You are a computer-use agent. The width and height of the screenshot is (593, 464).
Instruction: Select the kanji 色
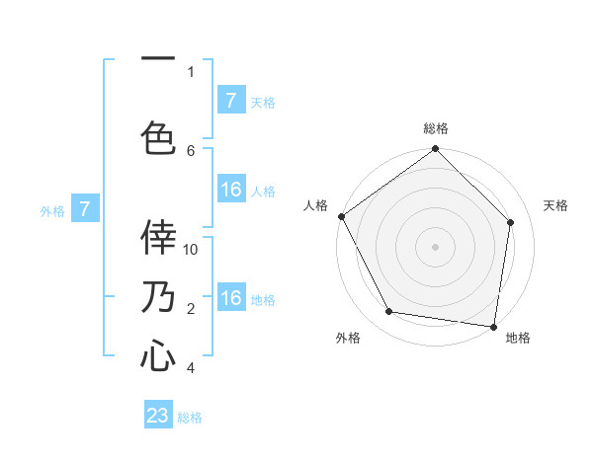click(158, 136)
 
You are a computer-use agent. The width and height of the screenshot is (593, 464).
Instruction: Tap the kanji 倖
click(158, 237)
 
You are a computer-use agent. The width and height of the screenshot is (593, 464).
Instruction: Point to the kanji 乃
click(158, 297)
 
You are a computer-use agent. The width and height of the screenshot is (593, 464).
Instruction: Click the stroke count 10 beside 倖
click(191, 249)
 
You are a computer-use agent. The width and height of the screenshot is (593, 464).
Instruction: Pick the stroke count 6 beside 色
click(191, 150)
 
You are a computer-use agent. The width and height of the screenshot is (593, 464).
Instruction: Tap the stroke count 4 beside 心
click(191, 368)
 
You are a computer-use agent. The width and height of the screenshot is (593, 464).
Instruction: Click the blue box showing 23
click(158, 416)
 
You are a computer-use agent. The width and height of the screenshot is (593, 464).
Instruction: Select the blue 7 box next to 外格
click(85, 208)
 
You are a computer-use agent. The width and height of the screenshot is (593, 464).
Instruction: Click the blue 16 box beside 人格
click(231, 191)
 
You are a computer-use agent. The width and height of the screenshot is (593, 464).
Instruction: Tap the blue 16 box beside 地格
click(231, 298)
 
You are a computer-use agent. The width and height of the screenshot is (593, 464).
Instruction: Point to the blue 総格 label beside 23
click(190, 417)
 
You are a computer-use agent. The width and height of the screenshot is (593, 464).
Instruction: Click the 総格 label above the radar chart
click(435, 128)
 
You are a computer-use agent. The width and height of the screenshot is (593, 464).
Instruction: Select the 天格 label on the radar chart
click(556, 205)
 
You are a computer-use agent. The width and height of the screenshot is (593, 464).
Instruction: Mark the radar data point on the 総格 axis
click(435, 149)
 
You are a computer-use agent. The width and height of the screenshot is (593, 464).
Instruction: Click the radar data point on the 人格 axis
click(341, 216)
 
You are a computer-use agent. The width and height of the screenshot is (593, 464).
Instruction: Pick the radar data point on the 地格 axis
click(493, 326)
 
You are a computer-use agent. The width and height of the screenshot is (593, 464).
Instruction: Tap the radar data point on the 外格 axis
click(389, 312)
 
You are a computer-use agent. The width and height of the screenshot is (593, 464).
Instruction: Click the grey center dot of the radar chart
click(435, 246)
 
